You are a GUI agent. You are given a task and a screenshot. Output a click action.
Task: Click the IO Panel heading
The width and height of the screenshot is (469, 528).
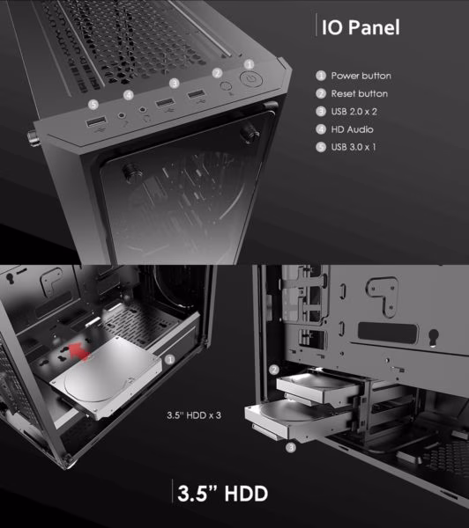click(x=361, y=27)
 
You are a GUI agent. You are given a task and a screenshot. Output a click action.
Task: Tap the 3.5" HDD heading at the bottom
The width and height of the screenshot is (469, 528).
click(x=222, y=494)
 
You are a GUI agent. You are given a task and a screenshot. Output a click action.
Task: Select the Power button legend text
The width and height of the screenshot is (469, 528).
click(x=361, y=76)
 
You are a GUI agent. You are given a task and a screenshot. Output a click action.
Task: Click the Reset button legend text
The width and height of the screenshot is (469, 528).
click(x=360, y=93)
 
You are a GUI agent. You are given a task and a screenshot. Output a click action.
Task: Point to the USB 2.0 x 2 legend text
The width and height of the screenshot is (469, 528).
click(x=354, y=112)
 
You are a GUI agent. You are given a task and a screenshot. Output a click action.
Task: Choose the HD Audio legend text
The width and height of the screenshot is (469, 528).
click(x=352, y=129)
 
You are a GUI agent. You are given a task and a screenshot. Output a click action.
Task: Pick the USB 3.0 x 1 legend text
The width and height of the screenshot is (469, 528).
click(x=354, y=147)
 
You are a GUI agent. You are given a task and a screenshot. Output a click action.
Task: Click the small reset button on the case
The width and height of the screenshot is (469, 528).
click(x=226, y=85)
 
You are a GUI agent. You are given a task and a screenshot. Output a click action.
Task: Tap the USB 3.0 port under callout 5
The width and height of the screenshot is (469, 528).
click(x=96, y=121)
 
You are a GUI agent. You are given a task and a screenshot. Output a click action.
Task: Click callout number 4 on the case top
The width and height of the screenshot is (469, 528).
click(x=128, y=95)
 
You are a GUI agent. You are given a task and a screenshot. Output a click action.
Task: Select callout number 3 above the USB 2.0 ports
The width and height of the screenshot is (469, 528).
click(x=174, y=83)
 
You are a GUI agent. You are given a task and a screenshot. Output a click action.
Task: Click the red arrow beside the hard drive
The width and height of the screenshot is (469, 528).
click(x=79, y=352)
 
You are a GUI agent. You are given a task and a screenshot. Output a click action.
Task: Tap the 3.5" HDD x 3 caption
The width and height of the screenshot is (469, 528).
click(x=194, y=415)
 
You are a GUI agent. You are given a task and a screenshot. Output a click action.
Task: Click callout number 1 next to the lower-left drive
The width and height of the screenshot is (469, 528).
click(x=170, y=360)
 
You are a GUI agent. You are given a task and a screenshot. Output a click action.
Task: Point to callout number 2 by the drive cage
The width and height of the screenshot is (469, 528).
click(x=274, y=370)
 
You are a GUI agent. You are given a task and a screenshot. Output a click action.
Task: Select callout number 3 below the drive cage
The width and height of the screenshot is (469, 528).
click(x=291, y=448)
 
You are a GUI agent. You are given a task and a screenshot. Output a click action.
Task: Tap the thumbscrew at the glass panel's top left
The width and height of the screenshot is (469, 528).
click(x=132, y=172)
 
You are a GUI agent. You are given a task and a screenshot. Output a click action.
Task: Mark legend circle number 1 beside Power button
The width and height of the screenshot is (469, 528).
click(x=321, y=76)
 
